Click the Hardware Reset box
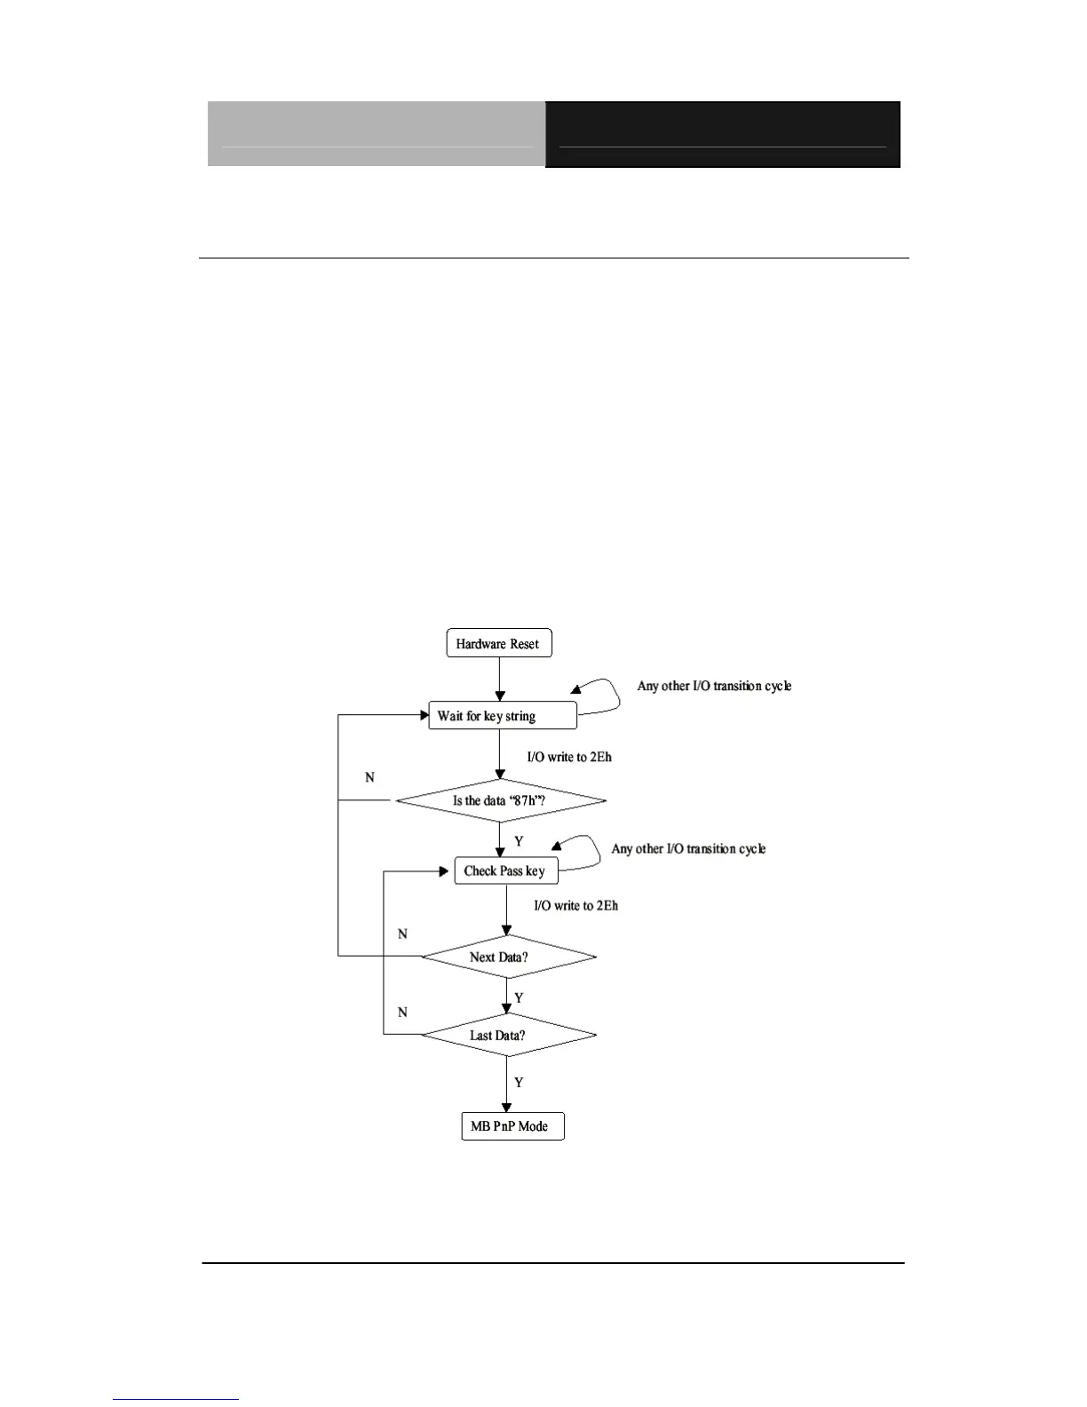coord(498,644)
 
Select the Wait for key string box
coord(503,716)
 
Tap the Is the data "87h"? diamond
coord(500,800)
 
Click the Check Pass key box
coord(505,870)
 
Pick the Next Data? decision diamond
coord(507,957)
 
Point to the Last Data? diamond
coord(507,1035)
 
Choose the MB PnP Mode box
coord(512,1126)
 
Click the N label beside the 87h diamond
coord(369,777)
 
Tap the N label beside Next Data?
coord(402,934)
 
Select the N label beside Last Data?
coord(402,1012)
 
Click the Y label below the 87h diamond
coord(519,841)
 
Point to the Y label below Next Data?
coord(519,998)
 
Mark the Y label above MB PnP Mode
coord(519,1083)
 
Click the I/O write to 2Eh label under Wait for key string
coord(569,757)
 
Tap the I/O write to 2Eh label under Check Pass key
coord(575,905)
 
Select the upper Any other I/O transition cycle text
coord(714,686)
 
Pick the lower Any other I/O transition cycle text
coord(688,849)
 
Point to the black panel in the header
coord(722,134)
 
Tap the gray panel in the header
coord(377,134)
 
